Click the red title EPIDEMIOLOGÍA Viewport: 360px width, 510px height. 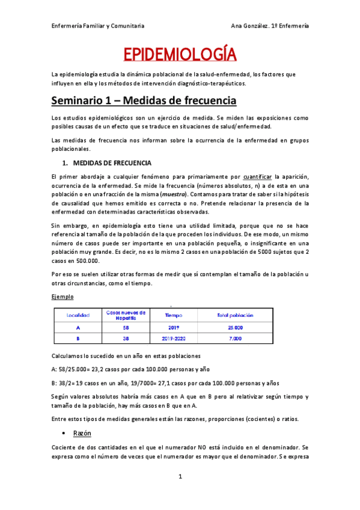(180, 56)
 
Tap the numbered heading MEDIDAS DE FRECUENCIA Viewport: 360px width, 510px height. (112, 163)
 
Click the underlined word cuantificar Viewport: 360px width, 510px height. (257, 177)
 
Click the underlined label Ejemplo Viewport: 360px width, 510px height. (63, 297)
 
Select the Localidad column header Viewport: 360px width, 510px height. (78, 315)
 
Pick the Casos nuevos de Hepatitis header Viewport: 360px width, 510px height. (126, 315)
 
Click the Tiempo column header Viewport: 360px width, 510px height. (173, 315)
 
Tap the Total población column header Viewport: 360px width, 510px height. (234, 315)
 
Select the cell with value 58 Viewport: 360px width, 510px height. (126, 328)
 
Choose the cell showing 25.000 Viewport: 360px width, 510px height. (234, 328)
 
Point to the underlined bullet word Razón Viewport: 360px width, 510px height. (82, 433)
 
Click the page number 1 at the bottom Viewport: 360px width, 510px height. (180, 477)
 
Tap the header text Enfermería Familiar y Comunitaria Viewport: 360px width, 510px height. (97, 26)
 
